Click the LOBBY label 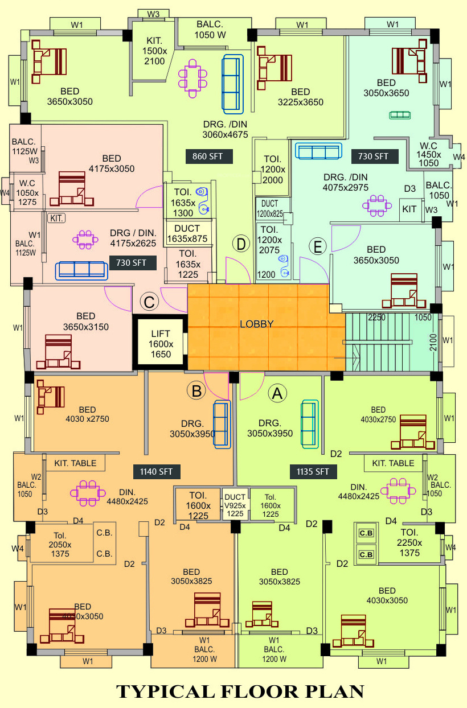pos(256,324)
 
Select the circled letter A pos(277,393)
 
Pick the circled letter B pos(196,391)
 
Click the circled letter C pos(149,302)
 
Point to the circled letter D pos(241,244)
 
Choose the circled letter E pos(317,246)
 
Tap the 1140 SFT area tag pos(157,471)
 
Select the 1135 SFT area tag pos(313,471)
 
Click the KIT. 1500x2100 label pos(154,50)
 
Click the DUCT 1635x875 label pos(187,233)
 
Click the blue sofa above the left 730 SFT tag pos(80,270)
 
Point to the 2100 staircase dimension pos(433,343)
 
